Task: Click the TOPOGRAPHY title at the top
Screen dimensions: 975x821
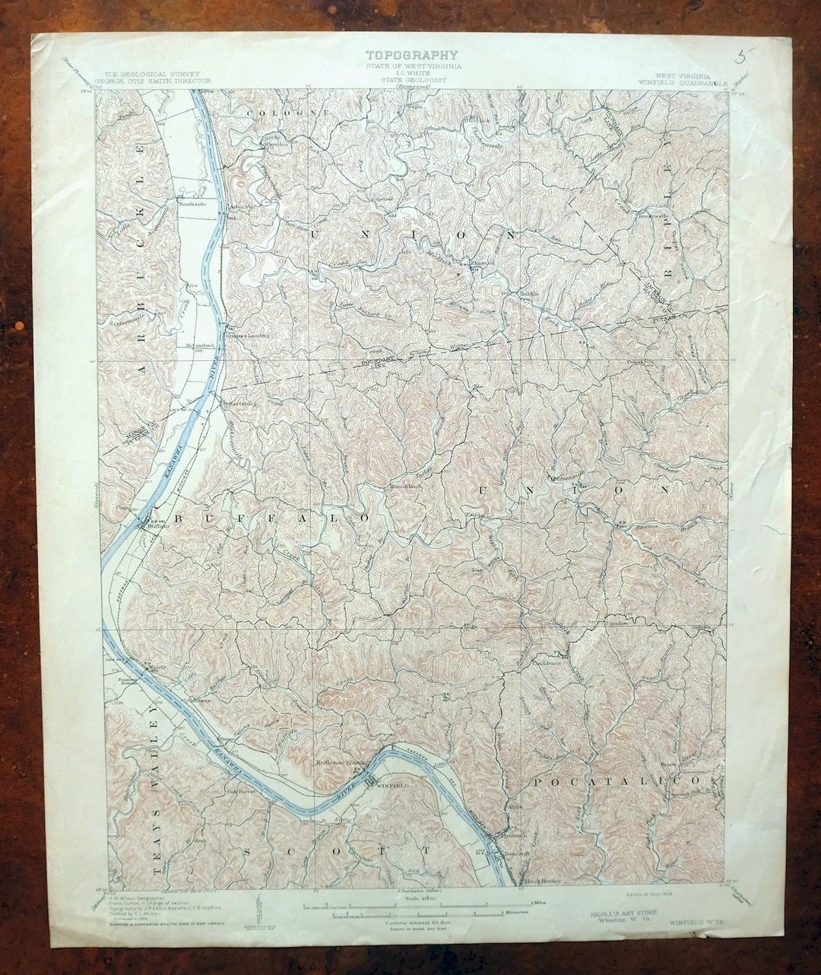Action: [x=411, y=55]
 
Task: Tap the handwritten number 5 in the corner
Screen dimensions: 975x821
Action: [x=743, y=55]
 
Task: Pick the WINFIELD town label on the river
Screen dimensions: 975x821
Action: [x=393, y=784]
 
